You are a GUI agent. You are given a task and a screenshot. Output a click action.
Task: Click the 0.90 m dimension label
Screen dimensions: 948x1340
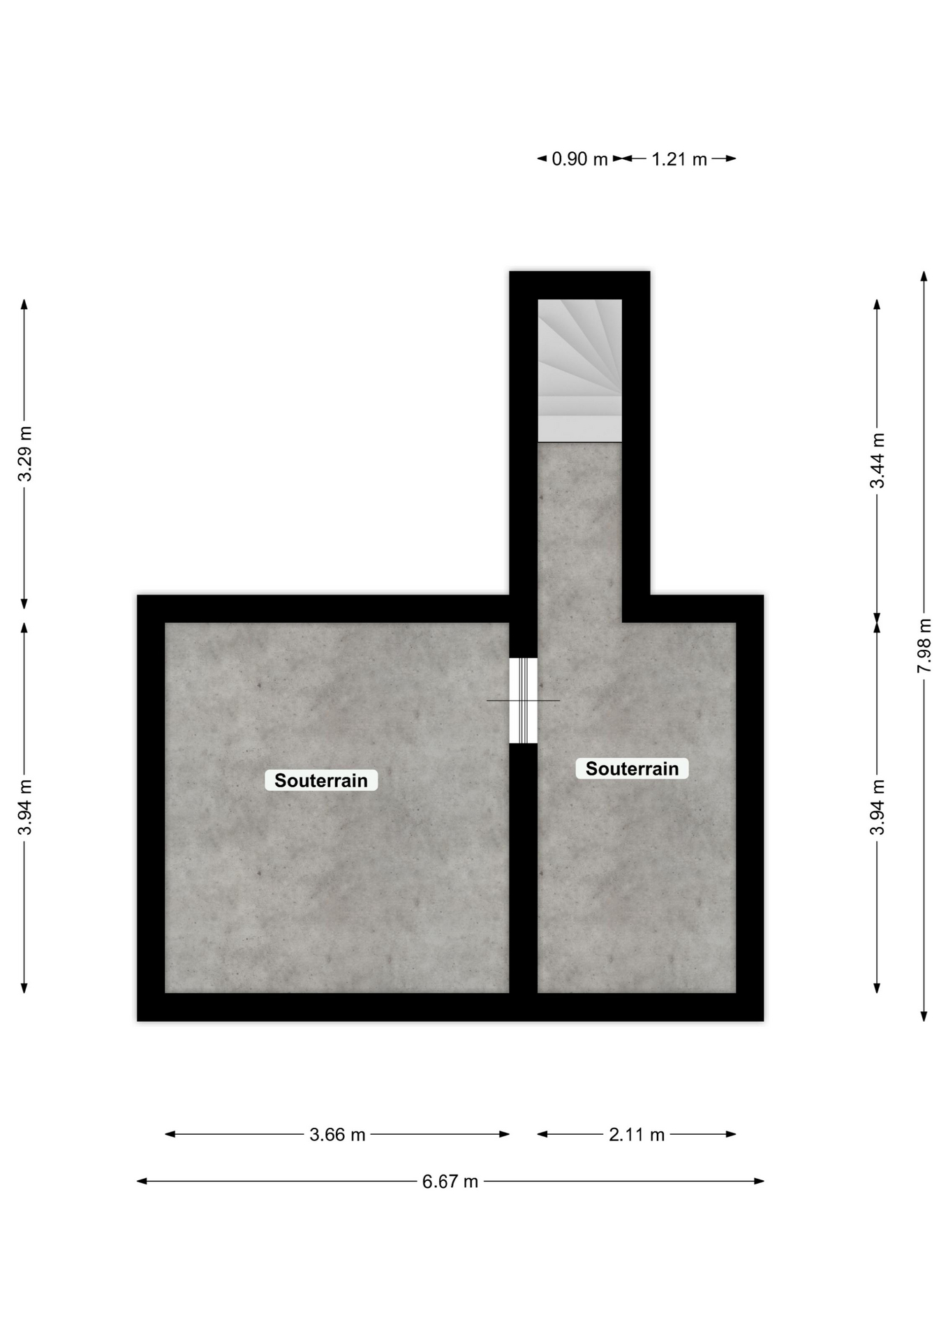[x=579, y=159]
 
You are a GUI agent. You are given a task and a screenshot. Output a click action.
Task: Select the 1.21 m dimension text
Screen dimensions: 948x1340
[x=679, y=159]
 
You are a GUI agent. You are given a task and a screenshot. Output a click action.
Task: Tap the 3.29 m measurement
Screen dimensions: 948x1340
[x=25, y=454]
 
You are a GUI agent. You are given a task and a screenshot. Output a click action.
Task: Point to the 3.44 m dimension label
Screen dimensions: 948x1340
[x=877, y=461]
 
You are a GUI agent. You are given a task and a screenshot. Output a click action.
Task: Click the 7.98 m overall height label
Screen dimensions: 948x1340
[x=924, y=646]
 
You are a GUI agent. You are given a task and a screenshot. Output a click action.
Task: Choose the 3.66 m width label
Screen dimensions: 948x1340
[x=337, y=1134]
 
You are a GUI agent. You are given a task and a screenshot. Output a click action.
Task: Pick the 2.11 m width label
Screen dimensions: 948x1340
[x=637, y=1134]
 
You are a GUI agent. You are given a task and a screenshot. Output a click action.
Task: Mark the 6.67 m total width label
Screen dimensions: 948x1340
[x=450, y=1181]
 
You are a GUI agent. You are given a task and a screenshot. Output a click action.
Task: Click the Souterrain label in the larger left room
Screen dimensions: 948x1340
[x=321, y=780]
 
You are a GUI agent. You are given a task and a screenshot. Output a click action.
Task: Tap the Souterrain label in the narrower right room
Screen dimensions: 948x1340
[x=632, y=768]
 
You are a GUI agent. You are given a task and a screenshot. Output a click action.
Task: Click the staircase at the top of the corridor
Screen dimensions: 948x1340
[x=579, y=371]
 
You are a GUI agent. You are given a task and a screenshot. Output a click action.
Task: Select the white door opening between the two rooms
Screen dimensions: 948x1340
[x=523, y=701]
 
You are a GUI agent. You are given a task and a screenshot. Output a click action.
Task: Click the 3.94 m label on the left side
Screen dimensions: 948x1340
[x=25, y=807]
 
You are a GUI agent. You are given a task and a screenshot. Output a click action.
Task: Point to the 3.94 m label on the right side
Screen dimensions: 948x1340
[x=877, y=807]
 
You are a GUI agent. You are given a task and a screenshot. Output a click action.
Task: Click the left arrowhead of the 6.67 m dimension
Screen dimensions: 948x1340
[x=142, y=1181]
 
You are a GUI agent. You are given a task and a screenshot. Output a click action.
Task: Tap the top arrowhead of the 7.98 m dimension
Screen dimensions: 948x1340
[x=924, y=276]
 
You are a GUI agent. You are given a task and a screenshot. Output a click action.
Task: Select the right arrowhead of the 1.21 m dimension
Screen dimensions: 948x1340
[x=731, y=158]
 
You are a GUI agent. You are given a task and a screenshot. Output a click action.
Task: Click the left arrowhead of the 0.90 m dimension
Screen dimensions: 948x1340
[x=542, y=158]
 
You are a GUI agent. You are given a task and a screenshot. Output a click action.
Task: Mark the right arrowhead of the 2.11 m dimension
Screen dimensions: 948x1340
[x=731, y=1134]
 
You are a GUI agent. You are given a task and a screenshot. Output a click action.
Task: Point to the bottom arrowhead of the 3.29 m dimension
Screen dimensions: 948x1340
[x=24, y=603]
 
